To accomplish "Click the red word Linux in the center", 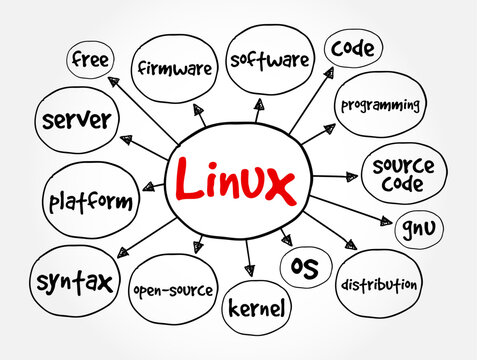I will click(236, 184).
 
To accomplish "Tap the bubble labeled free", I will click(90, 60).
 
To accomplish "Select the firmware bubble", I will click(175, 68).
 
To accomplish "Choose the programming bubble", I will click(380, 105).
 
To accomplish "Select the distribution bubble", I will click(379, 284).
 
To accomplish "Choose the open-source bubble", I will click(172, 290).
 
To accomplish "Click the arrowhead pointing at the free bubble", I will click(113, 81).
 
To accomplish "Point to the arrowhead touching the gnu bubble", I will click(387, 222).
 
